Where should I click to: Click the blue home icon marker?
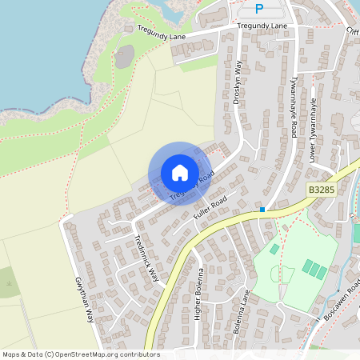coord(180,173)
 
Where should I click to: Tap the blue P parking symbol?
coord(258,9)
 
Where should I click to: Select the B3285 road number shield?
coord(321,190)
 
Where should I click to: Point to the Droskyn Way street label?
coord(238,82)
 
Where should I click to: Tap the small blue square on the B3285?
coord(262,210)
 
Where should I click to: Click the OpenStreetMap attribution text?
coord(81,354)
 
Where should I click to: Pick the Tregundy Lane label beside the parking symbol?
coord(262,26)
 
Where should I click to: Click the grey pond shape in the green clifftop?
coord(125,57)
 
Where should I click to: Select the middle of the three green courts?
coord(314,270)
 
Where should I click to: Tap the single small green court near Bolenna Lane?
coord(275,250)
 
